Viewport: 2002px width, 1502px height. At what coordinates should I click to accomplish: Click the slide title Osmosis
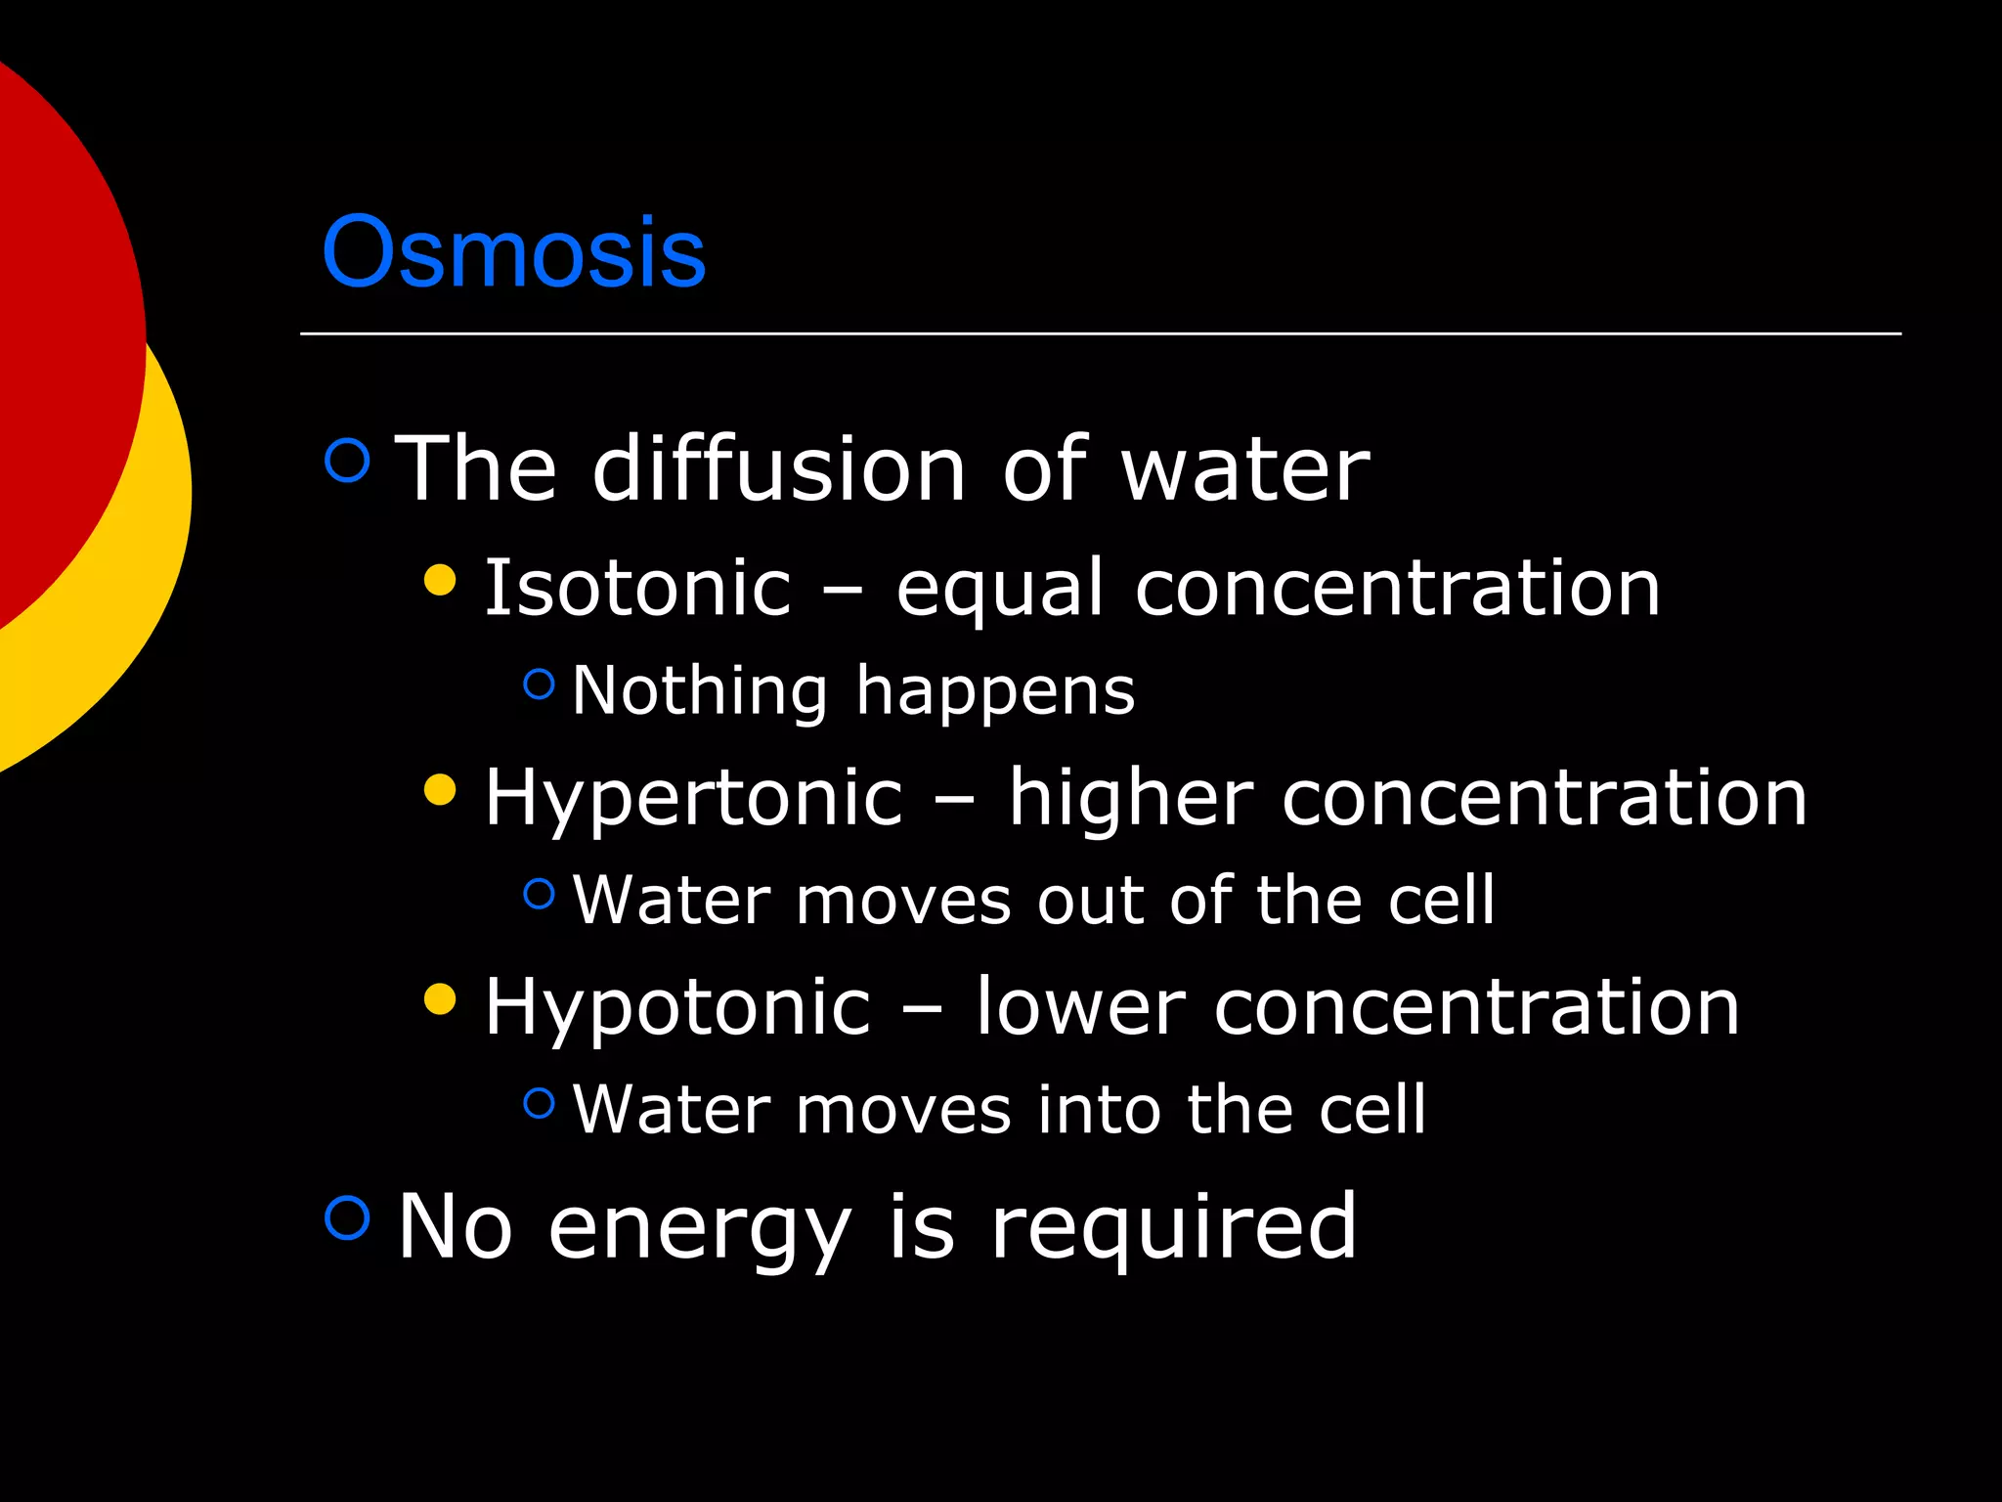pos(513,252)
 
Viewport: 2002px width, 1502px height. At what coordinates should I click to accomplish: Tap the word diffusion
pos(779,469)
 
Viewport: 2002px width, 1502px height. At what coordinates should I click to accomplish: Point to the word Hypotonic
pos(677,1008)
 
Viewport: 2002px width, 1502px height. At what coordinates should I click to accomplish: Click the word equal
pos(1000,590)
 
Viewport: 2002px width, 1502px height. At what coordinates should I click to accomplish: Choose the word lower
pos(1080,1008)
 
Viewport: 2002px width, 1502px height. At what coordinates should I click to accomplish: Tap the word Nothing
pos(700,690)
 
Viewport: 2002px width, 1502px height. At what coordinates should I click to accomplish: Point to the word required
pos(1173,1228)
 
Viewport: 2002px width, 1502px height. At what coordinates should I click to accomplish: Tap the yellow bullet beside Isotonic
pos(441,580)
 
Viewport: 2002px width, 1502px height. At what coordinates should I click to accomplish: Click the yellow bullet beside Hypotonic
pos(441,999)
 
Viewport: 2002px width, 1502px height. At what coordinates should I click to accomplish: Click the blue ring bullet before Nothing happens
pos(539,684)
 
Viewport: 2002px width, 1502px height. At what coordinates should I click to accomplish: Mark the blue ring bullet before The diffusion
pos(347,460)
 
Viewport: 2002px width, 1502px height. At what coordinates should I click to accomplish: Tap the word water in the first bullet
pos(1244,471)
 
